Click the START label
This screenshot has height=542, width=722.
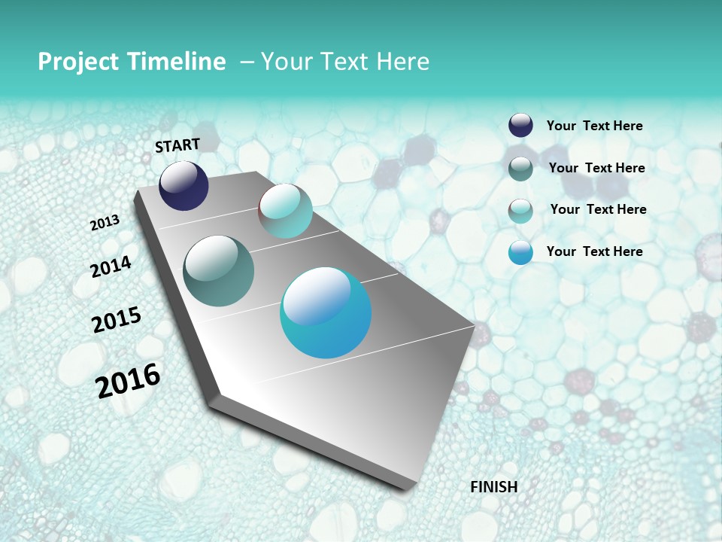[177, 145]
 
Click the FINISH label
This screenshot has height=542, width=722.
[493, 486]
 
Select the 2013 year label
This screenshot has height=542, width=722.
[105, 222]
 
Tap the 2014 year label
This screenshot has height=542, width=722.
[111, 266]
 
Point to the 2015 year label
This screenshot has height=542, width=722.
[117, 319]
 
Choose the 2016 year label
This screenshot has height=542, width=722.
[128, 380]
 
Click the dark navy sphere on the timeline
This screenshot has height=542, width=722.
[184, 186]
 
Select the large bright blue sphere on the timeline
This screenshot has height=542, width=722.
[326, 312]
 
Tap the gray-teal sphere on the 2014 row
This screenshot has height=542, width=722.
[218, 271]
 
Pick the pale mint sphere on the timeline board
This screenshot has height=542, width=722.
[285, 211]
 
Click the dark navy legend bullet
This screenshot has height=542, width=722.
[520, 126]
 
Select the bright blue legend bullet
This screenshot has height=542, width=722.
[520, 252]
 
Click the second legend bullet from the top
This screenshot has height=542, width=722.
[520, 169]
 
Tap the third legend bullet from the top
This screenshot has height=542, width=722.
[520, 211]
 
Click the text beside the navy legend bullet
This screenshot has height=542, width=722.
[594, 126]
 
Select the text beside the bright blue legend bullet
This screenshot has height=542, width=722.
[594, 251]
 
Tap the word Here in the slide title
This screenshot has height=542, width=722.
[402, 62]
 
